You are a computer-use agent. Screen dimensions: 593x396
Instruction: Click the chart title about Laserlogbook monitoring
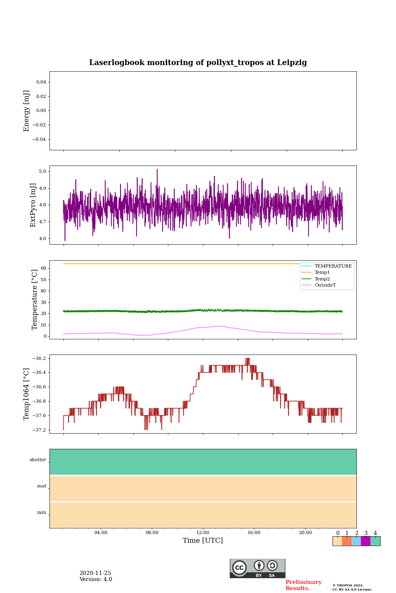point(198,63)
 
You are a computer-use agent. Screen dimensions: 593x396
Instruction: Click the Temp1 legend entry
point(322,273)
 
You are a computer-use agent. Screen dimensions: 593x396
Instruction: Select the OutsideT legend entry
point(325,285)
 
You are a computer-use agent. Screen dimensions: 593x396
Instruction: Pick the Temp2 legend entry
point(322,279)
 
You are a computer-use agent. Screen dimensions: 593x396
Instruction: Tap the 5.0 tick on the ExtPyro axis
point(42,172)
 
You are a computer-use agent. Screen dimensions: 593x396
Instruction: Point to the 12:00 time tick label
point(203,533)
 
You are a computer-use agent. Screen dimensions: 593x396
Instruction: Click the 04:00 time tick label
point(101,533)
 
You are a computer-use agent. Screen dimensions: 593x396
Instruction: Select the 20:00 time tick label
point(305,533)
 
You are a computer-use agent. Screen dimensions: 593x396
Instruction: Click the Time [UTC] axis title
point(203,541)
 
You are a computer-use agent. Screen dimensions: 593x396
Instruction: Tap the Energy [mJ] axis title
point(27,111)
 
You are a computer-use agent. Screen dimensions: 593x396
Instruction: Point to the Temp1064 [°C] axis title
point(27,394)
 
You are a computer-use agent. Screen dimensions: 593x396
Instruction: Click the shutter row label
point(38,460)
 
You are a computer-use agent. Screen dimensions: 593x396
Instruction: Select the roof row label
point(42,486)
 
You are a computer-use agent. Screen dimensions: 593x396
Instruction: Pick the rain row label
point(42,513)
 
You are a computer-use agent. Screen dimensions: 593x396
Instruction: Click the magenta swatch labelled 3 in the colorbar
point(365,541)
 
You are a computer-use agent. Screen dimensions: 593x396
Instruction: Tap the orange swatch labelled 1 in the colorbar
point(346,541)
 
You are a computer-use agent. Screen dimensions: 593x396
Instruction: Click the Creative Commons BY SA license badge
point(257,568)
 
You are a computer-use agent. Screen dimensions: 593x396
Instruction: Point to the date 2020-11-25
point(95,573)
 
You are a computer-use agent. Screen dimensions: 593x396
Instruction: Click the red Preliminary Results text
point(303,585)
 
